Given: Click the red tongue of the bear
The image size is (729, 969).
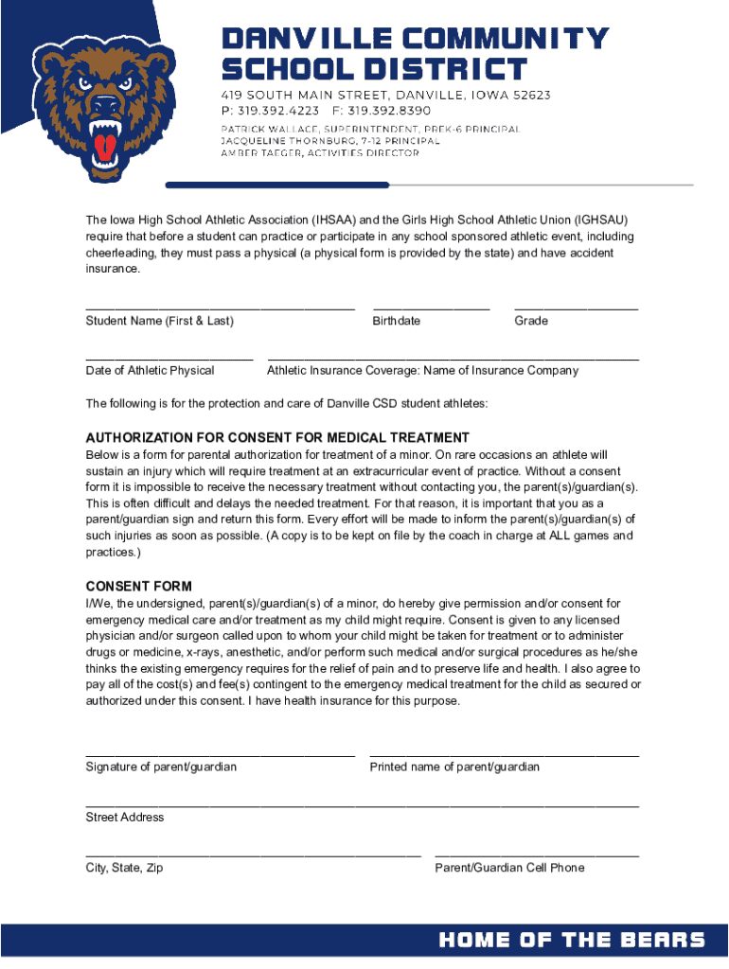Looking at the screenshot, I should [x=106, y=145].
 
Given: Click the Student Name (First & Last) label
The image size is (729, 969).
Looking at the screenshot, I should [x=159, y=321].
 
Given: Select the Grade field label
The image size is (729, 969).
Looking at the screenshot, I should [x=531, y=321].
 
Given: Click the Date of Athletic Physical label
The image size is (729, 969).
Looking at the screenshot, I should [x=150, y=370].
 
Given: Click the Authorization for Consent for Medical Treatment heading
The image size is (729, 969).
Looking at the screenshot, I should [x=277, y=438].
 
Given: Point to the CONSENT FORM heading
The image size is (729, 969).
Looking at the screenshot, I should [x=138, y=587].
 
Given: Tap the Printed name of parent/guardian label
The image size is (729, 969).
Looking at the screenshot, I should [x=454, y=766].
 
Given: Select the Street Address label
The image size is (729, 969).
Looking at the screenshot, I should [x=125, y=817].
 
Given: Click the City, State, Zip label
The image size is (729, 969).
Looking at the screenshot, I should [x=124, y=868].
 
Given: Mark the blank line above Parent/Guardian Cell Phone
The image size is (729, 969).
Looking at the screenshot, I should [x=536, y=855].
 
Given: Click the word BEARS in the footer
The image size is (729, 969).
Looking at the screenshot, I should [x=663, y=940].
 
